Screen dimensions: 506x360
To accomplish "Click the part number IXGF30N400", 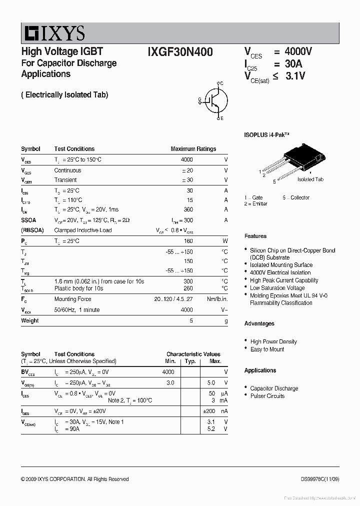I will click(x=180, y=52).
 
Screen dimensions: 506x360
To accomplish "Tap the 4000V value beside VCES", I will click(x=298, y=52).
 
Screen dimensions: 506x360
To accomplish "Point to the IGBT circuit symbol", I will click(x=214, y=100).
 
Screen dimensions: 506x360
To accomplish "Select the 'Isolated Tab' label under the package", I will click(x=310, y=179).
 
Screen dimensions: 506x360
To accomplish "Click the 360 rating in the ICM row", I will click(x=188, y=209).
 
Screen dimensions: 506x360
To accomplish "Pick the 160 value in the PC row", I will click(x=188, y=241).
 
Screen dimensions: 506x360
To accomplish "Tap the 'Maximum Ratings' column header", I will click(x=193, y=149).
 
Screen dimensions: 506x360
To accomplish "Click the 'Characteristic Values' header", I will click(x=193, y=354).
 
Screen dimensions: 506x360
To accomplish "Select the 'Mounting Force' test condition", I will click(x=72, y=299).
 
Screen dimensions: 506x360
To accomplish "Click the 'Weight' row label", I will click(x=29, y=320).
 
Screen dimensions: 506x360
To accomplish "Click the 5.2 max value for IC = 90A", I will click(x=211, y=429).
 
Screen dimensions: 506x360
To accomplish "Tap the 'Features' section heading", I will click(x=255, y=236).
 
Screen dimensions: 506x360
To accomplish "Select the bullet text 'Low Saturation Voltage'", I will click(x=277, y=288).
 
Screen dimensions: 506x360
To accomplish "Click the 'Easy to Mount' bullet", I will click(x=267, y=349).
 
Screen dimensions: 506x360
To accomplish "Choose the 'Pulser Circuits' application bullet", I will click(x=267, y=396).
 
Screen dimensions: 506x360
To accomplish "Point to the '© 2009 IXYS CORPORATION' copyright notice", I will click(x=74, y=479).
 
